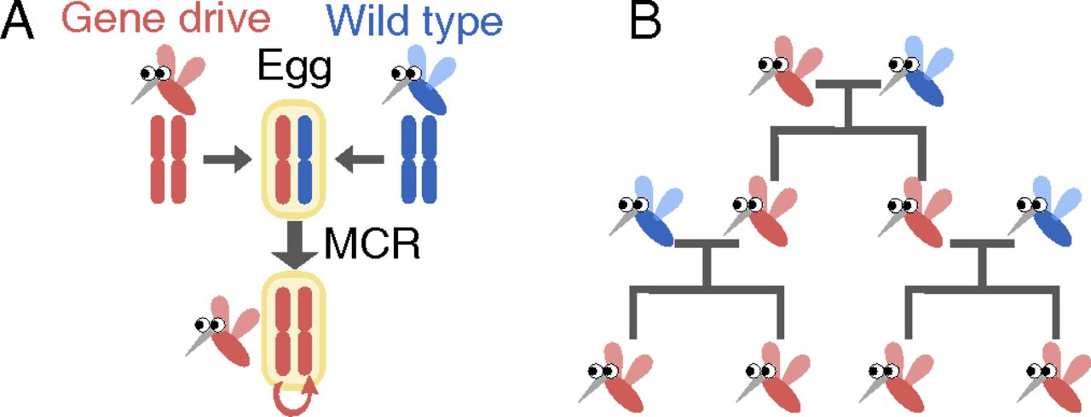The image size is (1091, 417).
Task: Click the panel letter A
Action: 18,22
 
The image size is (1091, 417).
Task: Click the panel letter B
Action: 645,22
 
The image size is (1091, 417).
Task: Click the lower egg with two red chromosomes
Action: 295,328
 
